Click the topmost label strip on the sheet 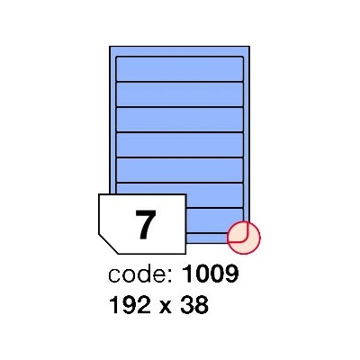(179, 68)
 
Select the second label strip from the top (179, 94)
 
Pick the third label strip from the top (179, 120)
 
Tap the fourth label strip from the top (179, 145)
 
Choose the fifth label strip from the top (179, 170)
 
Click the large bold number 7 (146, 224)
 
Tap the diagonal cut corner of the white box (107, 244)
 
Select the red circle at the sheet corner (244, 238)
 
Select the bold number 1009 (210, 274)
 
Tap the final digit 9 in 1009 (231, 274)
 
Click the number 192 (130, 305)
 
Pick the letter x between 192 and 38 (166, 308)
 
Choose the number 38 (193, 305)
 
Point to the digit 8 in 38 (202, 305)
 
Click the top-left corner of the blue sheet (110, 47)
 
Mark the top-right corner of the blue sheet (249, 47)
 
